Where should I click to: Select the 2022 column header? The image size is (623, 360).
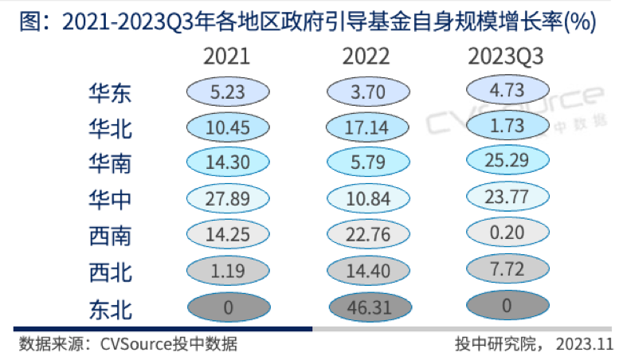click(x=366, y=57)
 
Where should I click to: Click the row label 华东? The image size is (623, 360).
click(x=110, y=92)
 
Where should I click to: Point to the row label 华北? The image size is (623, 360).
click(x=110, y=128)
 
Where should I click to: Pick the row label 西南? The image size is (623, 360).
click(x=110, y=236)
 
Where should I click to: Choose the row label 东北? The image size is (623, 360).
click(x=110, y=308)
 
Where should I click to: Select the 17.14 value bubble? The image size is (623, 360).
click(x=366, y=128)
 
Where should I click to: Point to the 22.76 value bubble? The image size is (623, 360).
click(x=366, y=236)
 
